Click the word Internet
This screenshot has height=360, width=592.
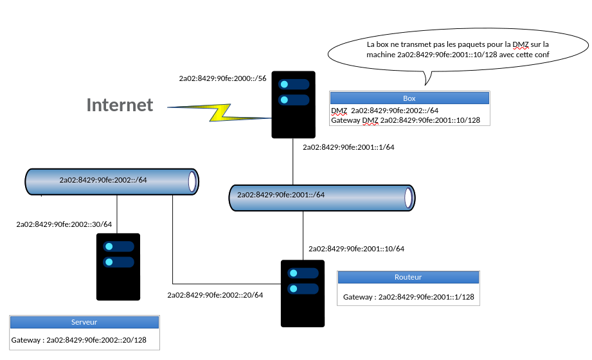click(x=120, y=105)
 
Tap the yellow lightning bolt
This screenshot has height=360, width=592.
click(x=219, y=113)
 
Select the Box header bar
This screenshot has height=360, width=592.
click(x=409, y=98)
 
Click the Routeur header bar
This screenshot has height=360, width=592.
click(x=408, y=277)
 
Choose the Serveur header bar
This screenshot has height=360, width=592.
click(x=84, y=322)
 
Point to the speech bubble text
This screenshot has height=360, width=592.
click(x=458, y=50)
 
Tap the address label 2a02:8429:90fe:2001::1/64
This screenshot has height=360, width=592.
click(x=348, y=147)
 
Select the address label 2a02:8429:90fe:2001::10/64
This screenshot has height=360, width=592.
click(x=356, y=248)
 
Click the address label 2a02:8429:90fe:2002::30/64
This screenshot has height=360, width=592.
click(x=64, y=224)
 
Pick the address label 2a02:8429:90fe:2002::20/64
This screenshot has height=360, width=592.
click(x=215, y=295)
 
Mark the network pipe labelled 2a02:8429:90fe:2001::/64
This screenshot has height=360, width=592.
click(x=321, y=198)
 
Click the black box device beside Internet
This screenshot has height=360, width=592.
click(x=293, y=104)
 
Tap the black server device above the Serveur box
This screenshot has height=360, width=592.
click(x=118, y=266)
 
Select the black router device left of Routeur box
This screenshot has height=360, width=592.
click(x=303, y=293)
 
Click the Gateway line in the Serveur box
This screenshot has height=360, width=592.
click(x=79, y=340)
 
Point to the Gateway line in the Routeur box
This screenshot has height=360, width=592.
click(x=409, y=297)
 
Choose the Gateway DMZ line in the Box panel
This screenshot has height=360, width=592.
click(x=406, y=120)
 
